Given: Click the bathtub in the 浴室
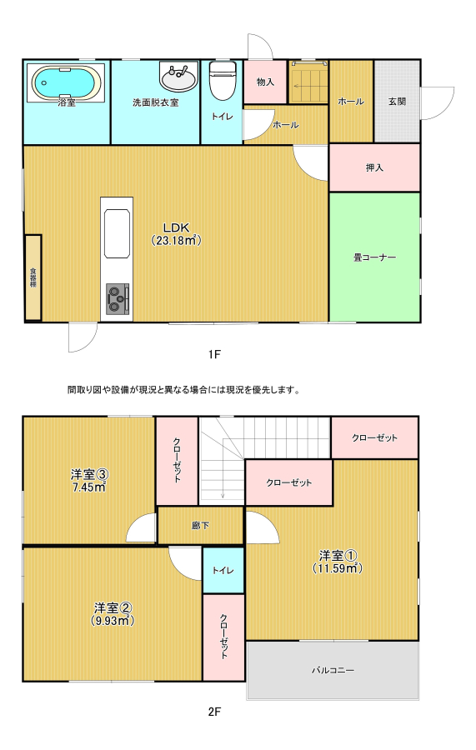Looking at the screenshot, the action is (67, 82).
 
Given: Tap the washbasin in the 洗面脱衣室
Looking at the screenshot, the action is (178, 76).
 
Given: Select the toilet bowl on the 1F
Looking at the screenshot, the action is (223, 81).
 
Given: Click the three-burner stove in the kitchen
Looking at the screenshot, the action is (118, 299).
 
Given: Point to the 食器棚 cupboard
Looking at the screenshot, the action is (33, 277).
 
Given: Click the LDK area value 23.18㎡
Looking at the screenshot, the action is (177, 241).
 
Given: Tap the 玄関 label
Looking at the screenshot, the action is (397, 102).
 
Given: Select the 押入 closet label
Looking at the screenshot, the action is (374, 167).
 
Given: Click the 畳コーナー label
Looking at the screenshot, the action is (374, 257).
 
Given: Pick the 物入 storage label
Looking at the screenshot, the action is (265, 82).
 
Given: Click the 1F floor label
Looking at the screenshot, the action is (214, 354).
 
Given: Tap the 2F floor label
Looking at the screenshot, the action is (214, 712).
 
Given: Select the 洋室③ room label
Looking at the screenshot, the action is (90, 474).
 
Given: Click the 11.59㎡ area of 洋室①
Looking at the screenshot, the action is (338, 568).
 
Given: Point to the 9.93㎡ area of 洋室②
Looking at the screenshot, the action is (113, 621).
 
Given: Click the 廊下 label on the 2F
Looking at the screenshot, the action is (200, 525).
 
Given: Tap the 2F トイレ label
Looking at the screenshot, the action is (223, 570).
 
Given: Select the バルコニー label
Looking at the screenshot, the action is (333, 670).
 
